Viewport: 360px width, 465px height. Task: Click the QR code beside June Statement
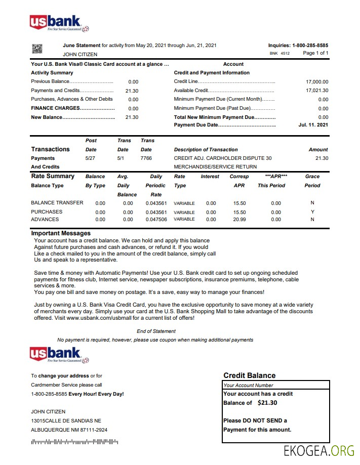[37, 49]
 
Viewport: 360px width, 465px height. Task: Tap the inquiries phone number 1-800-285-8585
[310, 46]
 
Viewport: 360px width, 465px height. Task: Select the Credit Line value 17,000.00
[317, 81]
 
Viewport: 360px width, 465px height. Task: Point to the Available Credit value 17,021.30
[317, 91]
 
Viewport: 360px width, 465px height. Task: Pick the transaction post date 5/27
[91, 158]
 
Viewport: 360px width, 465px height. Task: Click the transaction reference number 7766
[146, 158]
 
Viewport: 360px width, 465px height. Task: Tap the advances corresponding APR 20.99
[239, 220]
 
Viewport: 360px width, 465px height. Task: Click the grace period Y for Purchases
[312, 212]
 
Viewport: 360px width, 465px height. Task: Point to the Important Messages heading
[61, 233]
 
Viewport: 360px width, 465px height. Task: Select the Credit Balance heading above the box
[249, 375]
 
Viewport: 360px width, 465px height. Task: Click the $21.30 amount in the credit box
[267, 403]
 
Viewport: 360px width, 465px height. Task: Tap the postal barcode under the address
[74, 442]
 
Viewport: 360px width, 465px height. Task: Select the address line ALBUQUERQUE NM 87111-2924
[69, 430]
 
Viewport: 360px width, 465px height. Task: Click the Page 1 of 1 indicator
[315, 53]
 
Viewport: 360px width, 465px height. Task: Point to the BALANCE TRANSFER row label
[57, 203]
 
